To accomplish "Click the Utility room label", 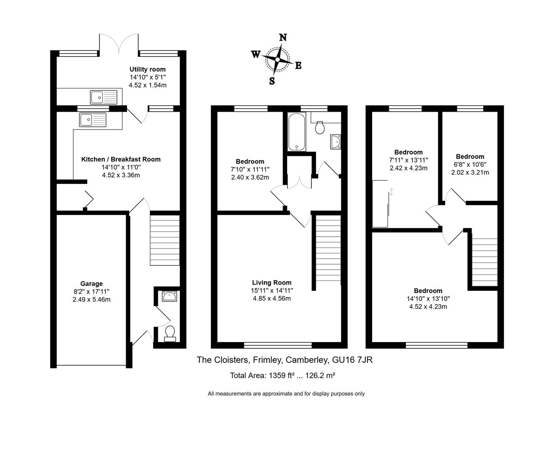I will (147, 69).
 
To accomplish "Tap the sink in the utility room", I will (104, 97).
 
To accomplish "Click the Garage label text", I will (92, 284).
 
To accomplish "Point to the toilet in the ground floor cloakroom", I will (170, 333).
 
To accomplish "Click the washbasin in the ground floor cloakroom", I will (170, 297).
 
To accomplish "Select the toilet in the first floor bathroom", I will (320, 127).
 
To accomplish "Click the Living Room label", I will (272, 282).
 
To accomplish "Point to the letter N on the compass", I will (283, 37).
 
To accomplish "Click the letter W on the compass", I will (256, 54).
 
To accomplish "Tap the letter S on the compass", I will (272, 81).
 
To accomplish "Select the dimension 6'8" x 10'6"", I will (470, 165).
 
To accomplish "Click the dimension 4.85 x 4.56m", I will (272, 298).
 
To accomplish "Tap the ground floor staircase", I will (164, 240).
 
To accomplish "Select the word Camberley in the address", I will (306, 360).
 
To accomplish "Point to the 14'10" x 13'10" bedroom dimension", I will (428, 299).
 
